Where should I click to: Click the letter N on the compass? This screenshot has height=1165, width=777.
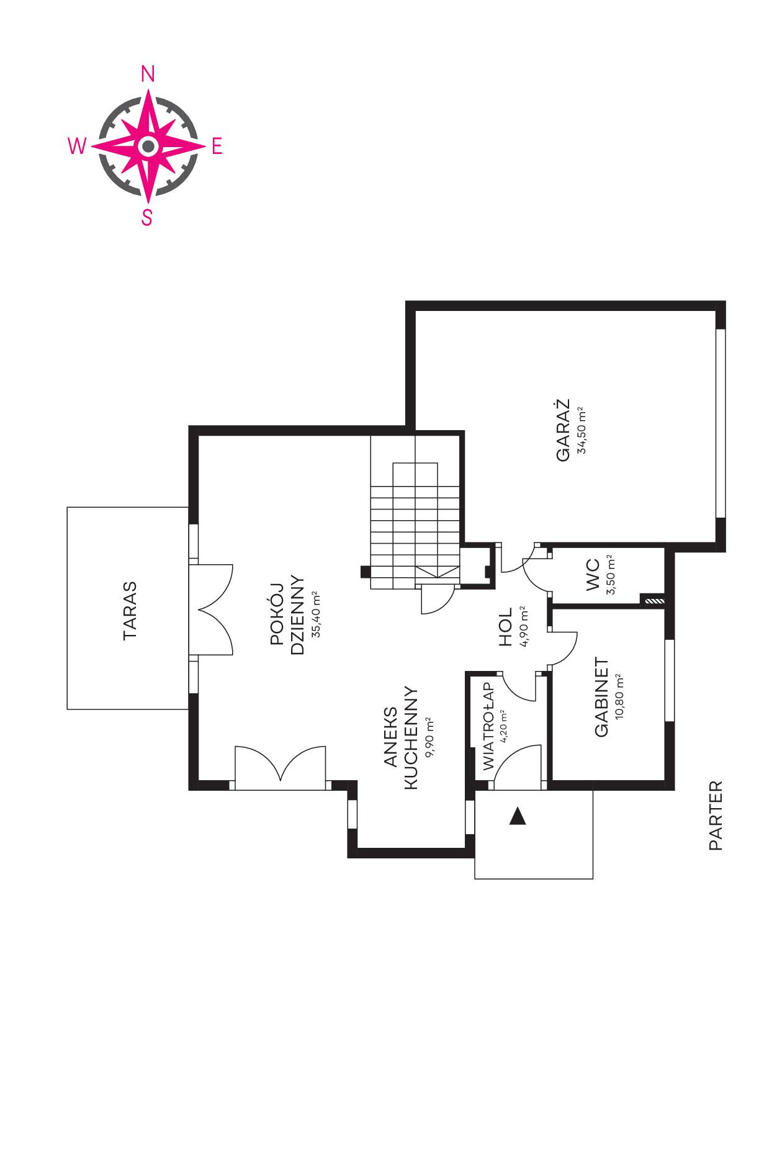tap(148, 74)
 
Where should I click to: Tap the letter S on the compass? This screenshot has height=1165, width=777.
tap(147, 218)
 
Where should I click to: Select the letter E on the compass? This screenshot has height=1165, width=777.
tap(217, 146)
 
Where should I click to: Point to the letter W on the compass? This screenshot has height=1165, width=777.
tap(77, 146)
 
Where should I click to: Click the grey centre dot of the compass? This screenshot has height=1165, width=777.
tap(148, 146)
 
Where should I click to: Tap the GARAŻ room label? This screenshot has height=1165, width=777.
tap(563, 430)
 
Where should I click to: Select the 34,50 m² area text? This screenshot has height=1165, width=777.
tap(582, 430)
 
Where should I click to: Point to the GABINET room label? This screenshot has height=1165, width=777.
tap(601, 697)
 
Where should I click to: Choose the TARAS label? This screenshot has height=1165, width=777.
tap(130, 611)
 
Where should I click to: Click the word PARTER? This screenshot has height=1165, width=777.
tap(716, 816)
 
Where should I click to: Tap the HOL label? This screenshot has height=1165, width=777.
tap(506, 627)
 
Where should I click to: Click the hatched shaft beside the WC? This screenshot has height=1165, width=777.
tap(653, 600)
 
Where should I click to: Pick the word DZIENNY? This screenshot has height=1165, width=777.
tap(297, 614)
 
